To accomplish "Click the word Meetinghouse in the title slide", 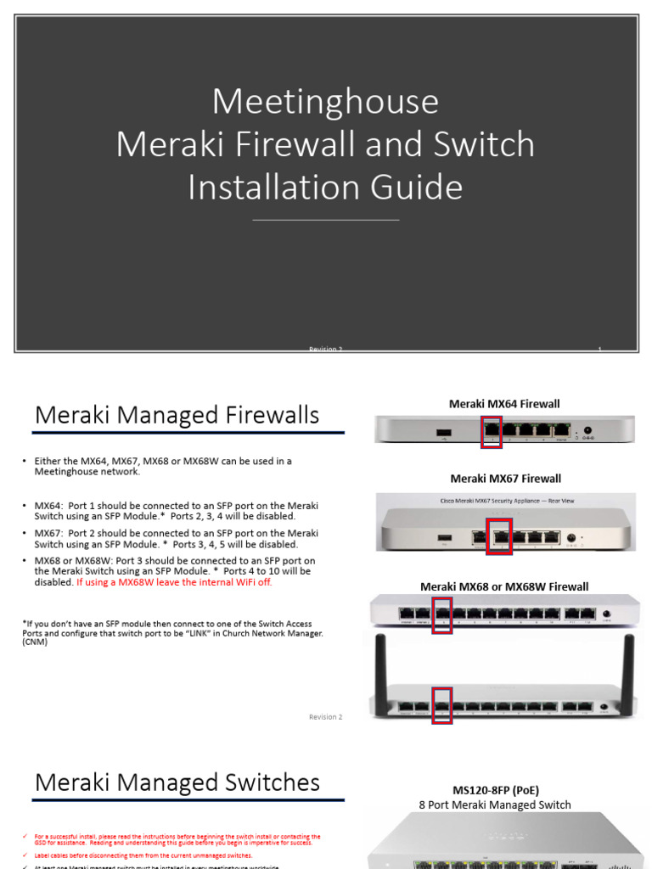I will pos(325,102).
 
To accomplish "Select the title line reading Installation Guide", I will pos(325,187).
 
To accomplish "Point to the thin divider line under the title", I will pos(325,220).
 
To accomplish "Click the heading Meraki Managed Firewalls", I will pos(177,415).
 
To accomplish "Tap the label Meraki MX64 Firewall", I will pos(504,404).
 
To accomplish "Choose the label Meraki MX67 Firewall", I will pos(505,479).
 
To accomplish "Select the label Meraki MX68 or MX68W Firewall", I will pos(504,586).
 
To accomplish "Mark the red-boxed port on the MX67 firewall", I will pos(499,536).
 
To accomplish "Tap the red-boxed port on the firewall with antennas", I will pos(442,706).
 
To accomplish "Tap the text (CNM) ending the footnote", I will pos(36,642).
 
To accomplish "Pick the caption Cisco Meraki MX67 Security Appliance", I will pos(504,501).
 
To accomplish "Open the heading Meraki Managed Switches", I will pos(177,782).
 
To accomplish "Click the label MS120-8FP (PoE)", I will pos(495,790).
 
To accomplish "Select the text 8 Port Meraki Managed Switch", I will pos(495,805).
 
